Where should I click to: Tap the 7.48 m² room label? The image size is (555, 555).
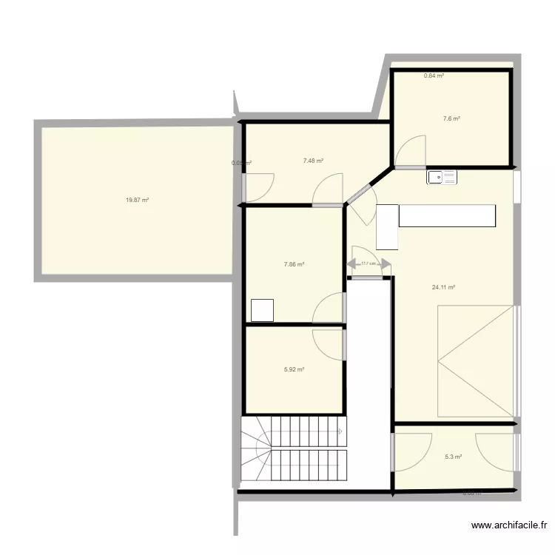(x=313, y=160)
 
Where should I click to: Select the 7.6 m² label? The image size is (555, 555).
(x=451, y=118)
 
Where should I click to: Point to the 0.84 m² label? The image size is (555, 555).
(x=434, y=75)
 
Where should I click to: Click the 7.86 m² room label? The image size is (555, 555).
(x=295, y=264)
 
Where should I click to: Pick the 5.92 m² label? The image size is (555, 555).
(x=295, y=370)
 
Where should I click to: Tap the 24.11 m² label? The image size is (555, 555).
(x=443, y=288)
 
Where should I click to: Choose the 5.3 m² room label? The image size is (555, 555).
(x=453, y=457)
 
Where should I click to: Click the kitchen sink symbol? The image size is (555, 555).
(x=442, y=177)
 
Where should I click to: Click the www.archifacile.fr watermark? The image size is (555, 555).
(x=510, y=526)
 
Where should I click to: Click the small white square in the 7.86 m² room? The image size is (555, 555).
(x=263, y=310)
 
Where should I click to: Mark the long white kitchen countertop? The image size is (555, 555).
(x=447, y=215)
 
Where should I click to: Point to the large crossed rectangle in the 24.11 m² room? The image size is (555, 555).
(x=476, y=361)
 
